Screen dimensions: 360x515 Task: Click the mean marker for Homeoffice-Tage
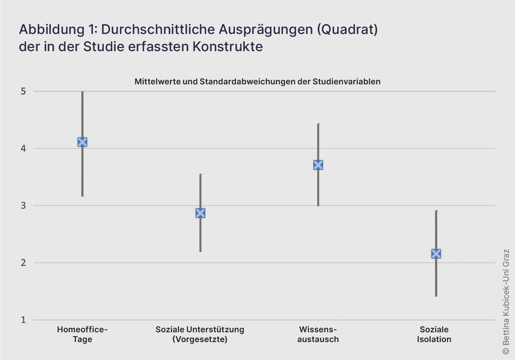coord(82,142)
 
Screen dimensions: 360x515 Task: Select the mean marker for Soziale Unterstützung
coord(200,213)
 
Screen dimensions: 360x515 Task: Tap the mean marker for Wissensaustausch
coord(318,165)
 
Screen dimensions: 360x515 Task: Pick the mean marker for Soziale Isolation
coord(436,253)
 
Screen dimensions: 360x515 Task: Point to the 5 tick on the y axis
coord(23,91)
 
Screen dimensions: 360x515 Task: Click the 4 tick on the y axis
coord(23,148)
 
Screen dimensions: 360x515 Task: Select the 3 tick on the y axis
coord(23,205)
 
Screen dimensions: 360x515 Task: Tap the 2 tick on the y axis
coord(23,263)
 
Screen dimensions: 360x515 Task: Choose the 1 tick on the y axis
coord(23,320)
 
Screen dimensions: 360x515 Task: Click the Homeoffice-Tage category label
coord(82,334)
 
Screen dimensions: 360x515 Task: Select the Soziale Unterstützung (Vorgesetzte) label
coord(200,334)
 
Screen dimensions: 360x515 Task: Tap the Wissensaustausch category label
coord(318,334)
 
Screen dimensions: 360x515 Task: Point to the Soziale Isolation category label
coord(434,334)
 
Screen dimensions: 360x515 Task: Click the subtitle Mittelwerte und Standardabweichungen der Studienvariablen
coord(257,82)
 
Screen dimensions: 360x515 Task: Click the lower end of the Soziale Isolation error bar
coord(436,296)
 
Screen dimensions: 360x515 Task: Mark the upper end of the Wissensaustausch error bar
coord(318,124)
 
